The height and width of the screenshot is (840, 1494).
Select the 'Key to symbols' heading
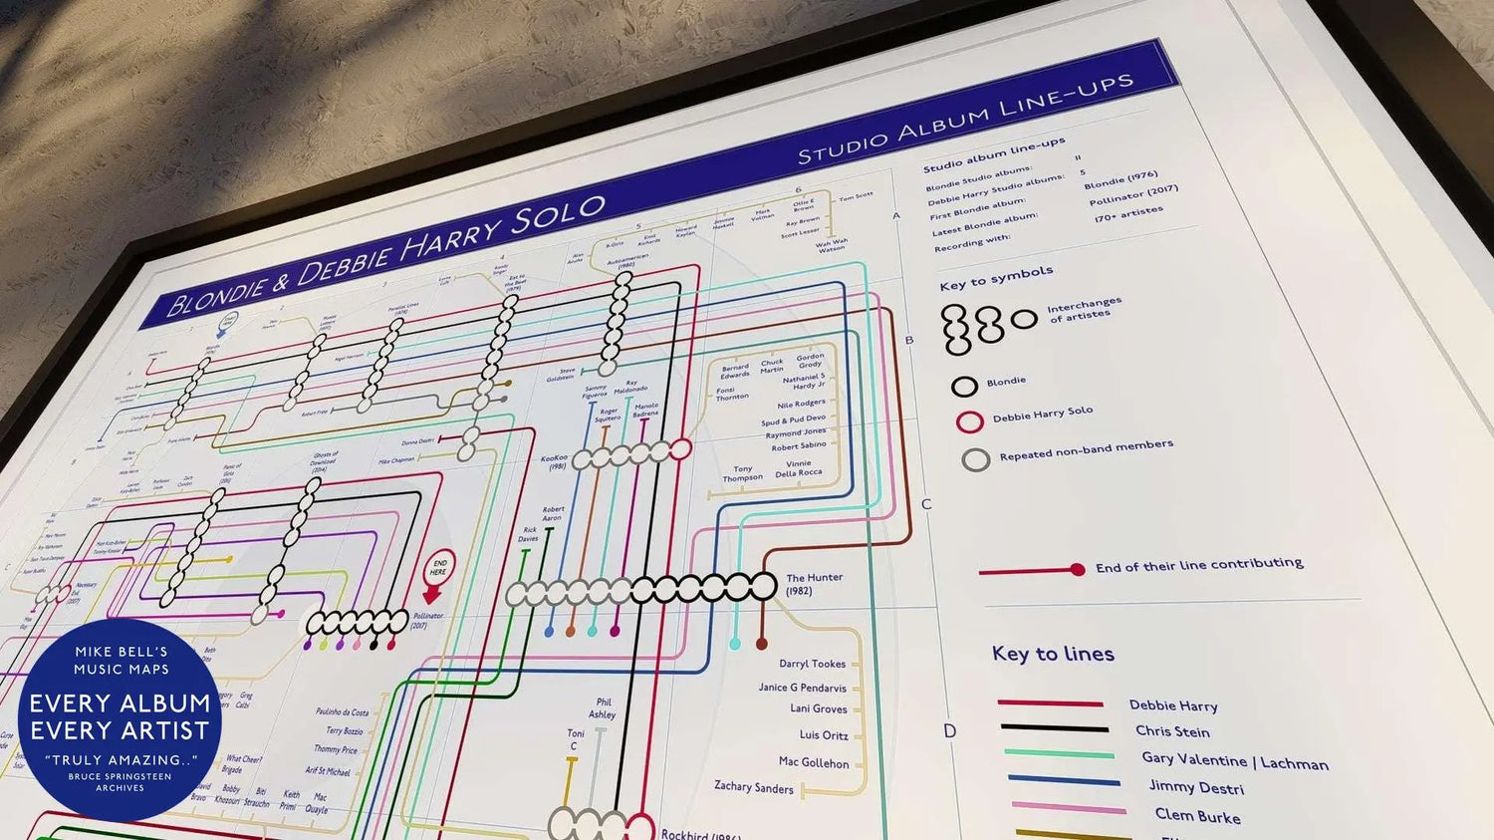pos(996,278)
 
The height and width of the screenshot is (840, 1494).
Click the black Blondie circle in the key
pos(964,386)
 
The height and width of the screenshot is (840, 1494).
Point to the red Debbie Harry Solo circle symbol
pos(970,421)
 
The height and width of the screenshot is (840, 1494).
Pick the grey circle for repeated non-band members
pos(976,459)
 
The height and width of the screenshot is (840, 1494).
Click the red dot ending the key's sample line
pos(1077,570)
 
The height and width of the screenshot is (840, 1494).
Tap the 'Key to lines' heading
pos(1053,654)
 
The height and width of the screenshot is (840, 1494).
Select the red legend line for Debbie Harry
pos(1050,703)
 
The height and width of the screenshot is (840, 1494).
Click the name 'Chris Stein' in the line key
pos(1172,731)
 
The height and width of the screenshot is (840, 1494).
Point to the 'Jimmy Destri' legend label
pos(1196,787)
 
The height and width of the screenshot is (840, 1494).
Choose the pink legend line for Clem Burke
pos(1068,808)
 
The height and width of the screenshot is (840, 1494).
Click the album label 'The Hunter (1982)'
pos(814,584)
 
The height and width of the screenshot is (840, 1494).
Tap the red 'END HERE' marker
pos(438,569)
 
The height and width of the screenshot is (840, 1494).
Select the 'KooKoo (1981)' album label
pos(553,462)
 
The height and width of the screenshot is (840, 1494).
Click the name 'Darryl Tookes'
pos(812,664)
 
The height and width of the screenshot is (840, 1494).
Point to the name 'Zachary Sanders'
pos(753,787)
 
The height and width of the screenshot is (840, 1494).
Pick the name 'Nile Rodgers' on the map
pos(801,405)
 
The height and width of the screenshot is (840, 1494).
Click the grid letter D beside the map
pos(949,731)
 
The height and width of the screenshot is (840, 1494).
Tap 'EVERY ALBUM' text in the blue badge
pos(120,703)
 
